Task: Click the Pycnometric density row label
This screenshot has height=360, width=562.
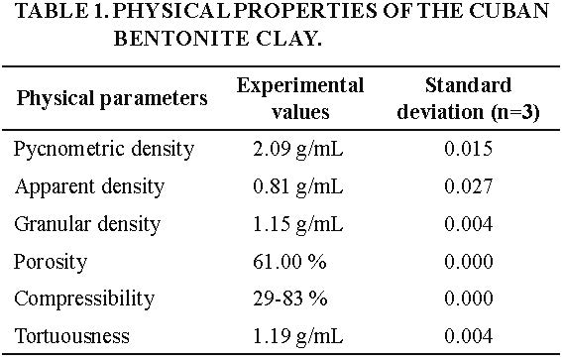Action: [104, 149]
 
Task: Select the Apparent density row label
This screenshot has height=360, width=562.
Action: [89, 187]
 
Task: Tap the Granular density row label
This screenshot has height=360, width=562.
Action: [87, 224]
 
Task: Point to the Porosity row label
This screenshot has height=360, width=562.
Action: [51, 262]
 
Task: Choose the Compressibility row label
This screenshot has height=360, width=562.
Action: [84, 300]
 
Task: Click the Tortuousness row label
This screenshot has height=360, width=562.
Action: [72, 336]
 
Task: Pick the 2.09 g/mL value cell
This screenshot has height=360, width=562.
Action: [297, 149]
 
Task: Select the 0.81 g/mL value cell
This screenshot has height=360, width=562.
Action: [297, 187]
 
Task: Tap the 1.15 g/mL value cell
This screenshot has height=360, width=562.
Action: [297, 224]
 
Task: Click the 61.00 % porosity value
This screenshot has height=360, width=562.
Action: [289, 262]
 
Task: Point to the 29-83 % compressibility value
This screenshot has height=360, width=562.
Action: [290, 299]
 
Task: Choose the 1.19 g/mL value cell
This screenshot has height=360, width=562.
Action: [297, 336]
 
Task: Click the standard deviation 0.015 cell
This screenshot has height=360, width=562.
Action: [469, 149]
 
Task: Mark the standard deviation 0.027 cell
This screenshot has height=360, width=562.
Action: [469, 186]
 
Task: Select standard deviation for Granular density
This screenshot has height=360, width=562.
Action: [469, 224]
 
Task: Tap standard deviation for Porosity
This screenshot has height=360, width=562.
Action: [469, 262]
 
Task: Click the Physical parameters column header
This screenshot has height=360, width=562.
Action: [112, 98]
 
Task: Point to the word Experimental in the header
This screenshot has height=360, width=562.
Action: [300, 86]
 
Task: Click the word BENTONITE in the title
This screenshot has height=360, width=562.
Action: [181, 39]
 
